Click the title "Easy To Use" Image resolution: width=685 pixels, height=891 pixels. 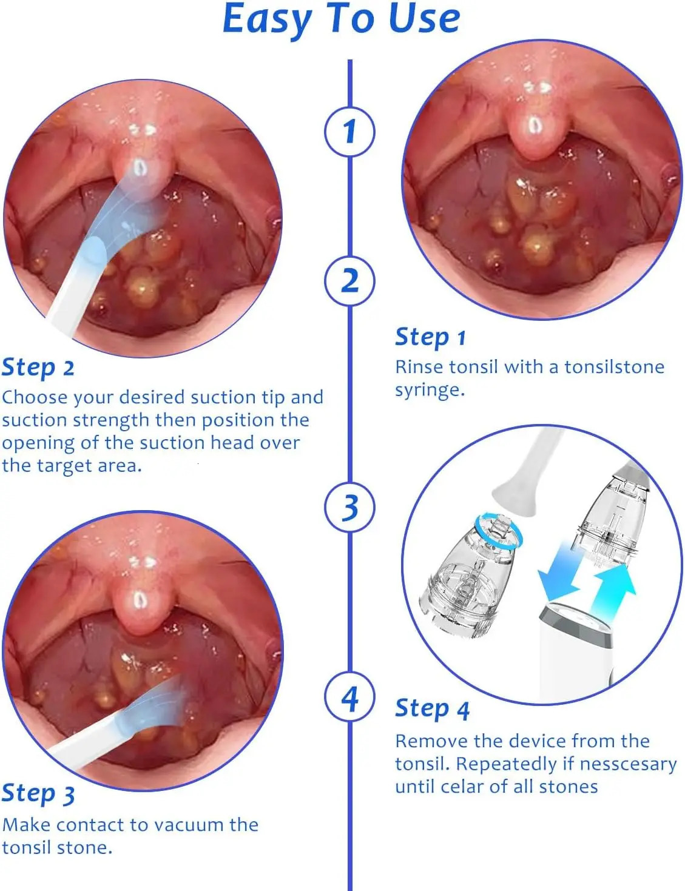(342, 19)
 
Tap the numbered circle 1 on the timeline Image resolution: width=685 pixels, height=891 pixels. (349, 132)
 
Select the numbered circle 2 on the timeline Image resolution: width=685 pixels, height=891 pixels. (349, 281)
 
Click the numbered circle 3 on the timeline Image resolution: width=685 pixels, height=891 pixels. (349, 507)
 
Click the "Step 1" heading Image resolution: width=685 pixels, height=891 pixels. (430, 337)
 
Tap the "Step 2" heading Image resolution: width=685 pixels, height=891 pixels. (38, 368)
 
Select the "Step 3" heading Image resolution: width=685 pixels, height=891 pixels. (38, 793)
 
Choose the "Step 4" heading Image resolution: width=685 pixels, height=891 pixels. (432, 708)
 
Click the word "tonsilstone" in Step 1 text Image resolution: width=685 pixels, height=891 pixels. (614, 367)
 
